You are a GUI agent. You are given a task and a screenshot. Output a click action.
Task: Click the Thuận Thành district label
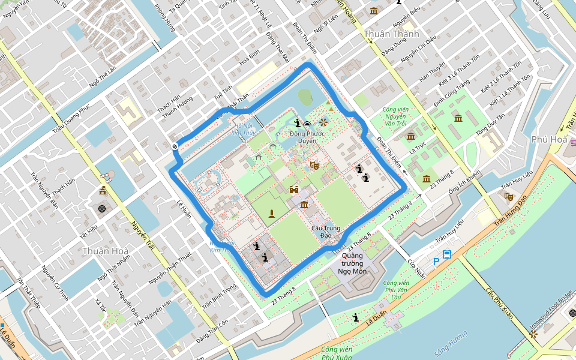point(391,34)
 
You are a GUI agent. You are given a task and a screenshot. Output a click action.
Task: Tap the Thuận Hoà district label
point(104,251)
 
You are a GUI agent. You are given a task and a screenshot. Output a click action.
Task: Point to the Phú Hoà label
point(548,139)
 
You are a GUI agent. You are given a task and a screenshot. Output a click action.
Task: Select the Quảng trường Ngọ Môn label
point(352,263)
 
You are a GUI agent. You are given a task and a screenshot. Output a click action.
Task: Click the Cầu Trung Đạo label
point(326,232)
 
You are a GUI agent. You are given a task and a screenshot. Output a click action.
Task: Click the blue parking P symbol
point(436,261)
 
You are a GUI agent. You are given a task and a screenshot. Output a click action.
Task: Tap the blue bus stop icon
point(447,255)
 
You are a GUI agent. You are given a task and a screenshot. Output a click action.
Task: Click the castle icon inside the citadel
point(295,190)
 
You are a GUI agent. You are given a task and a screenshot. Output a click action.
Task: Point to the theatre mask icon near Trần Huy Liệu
point(509,196)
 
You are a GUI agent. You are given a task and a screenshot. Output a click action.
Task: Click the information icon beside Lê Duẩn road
point(356,317)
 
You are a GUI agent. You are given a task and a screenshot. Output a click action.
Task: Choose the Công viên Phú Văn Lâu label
point(396,290)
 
